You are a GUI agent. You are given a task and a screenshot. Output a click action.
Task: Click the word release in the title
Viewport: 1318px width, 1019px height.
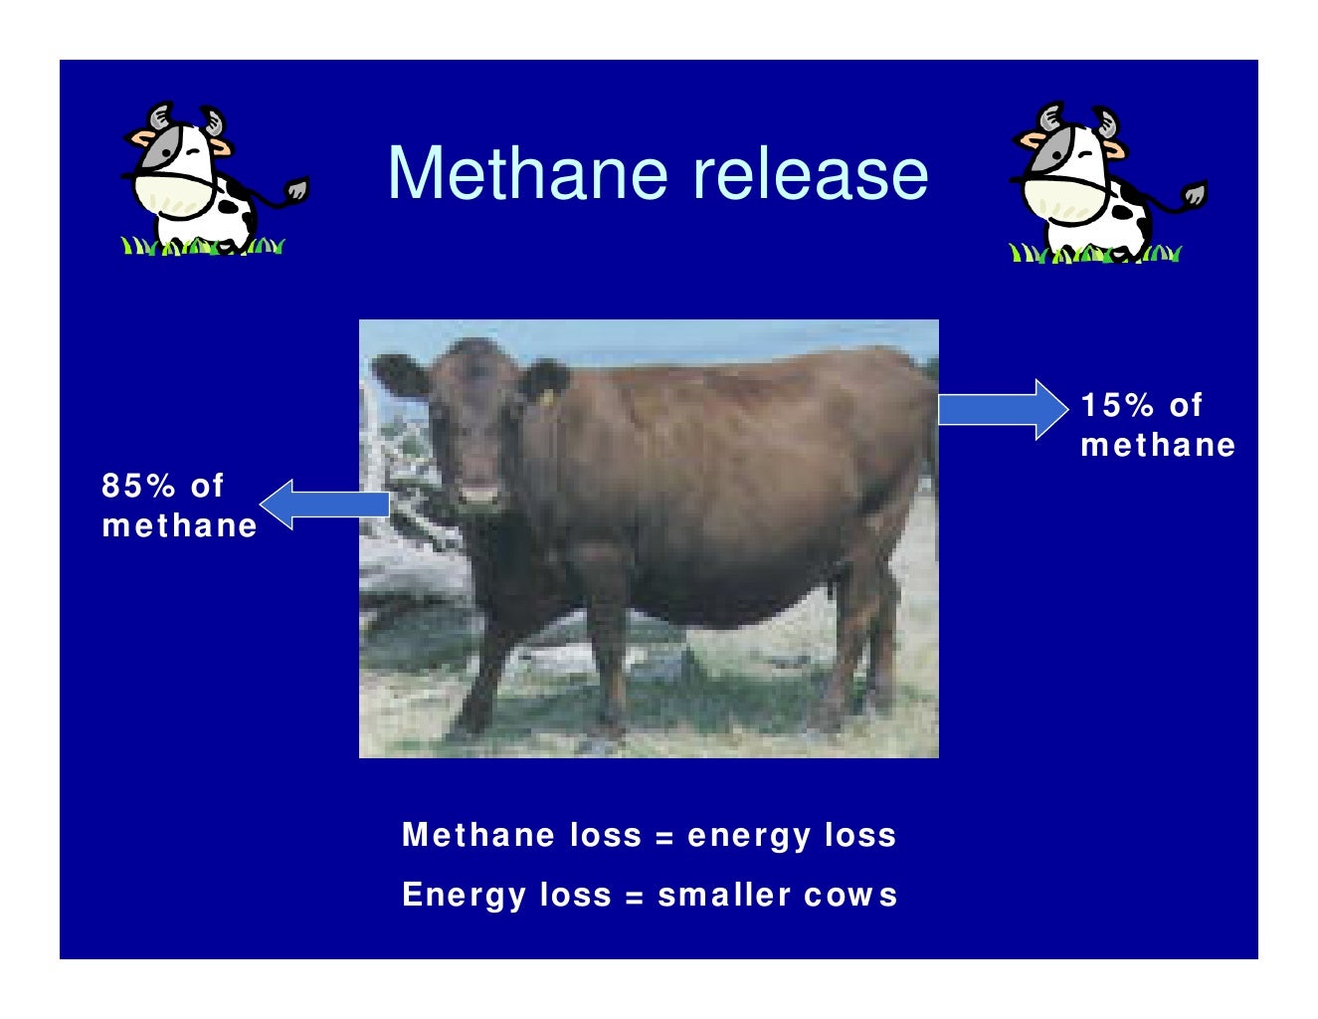pyautogui.click(x=810, y=173)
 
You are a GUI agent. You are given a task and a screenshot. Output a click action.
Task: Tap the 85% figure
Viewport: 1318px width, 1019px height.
pyautogui.click(x=138, y=486)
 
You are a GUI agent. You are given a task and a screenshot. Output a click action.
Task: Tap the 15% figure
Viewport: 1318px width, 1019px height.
pyautogui.click(x=1117, y=405)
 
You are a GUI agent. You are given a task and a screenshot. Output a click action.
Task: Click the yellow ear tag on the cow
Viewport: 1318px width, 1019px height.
pyautogui.click(x=546, y=396)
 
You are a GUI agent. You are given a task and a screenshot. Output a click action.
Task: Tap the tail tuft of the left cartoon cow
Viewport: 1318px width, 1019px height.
pyautogui.click(x=296, y=189)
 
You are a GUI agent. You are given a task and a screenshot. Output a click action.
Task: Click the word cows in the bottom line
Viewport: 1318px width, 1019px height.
pyautogui.click(x=850, y=895)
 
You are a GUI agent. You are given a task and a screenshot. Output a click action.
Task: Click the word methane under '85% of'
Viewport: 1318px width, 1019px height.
pyautogui.click(x=179, y=525)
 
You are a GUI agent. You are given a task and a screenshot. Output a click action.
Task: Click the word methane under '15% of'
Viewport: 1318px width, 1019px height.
pyautogui.click(x=1158, y=445)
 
